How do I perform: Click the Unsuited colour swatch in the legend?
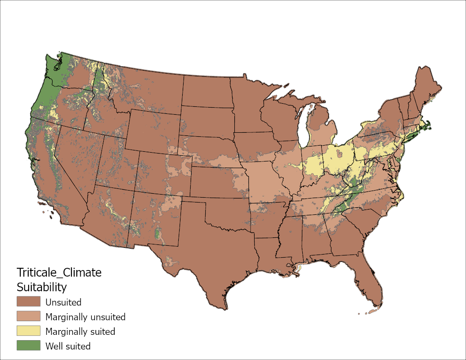[x=28, y=302]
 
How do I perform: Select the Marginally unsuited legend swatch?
[x=28, y=317]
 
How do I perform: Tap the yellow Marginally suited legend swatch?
[x=28, y=331]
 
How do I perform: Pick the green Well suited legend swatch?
[x=28, y=346]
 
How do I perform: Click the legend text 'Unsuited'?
[x=64, y=303]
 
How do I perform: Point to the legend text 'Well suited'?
[x=68, y=346]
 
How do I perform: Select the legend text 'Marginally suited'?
[x=80, y=332]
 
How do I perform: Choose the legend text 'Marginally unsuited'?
[x=86, y=317]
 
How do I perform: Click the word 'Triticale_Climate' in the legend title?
[x=59, y=273]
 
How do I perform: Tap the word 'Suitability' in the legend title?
[x=41, y=288]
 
